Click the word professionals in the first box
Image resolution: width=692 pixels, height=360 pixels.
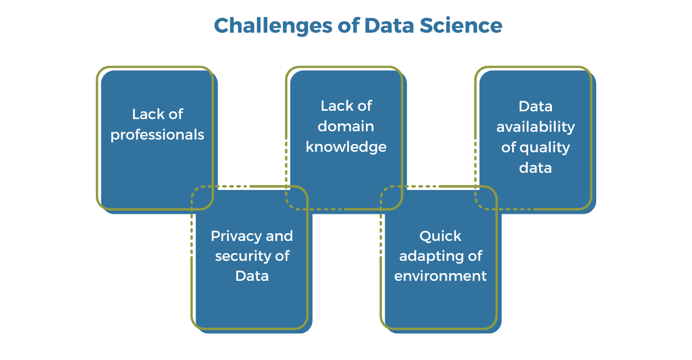pos(157,135)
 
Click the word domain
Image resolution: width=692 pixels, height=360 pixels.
pos(346,126)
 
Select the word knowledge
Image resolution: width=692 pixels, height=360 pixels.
pos(346,147)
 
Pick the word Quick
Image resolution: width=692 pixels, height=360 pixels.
pos(440,236)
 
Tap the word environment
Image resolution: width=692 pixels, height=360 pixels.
pos(440,276)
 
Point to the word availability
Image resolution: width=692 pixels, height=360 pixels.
pos(535,127)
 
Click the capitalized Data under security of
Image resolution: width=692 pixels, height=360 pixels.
pos(252,276)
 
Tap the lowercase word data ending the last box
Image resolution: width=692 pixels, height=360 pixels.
pos(535,167)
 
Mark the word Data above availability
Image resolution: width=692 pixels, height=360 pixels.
pos(535,106)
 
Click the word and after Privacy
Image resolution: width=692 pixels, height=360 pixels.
pos(279,236)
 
